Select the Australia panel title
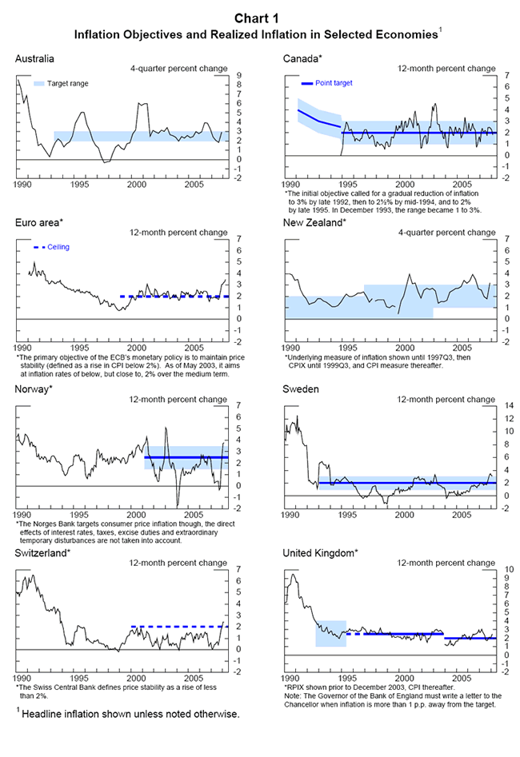(x=34, y=58)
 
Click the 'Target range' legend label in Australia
(x=67, y=82)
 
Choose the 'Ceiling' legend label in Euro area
(x=58, y=247)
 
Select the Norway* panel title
(x=34, y=388)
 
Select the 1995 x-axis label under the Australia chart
(x=79, y=183)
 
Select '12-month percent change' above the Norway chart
(x=179, y=398)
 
